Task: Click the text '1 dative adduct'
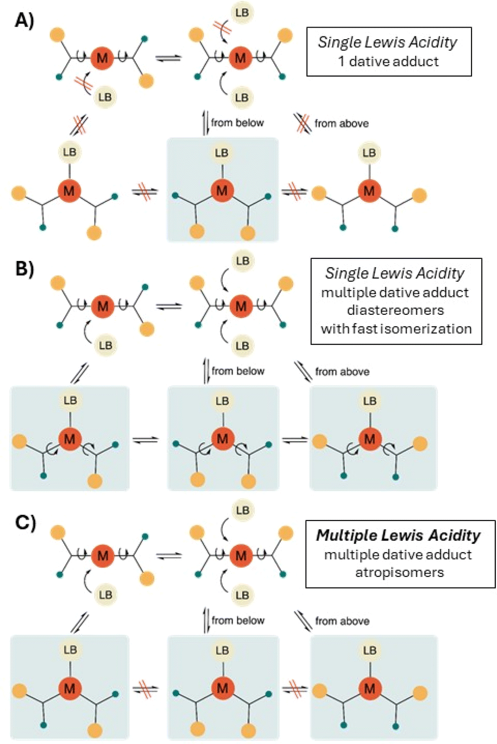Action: [x=388, y=61]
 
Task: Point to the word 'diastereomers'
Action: [x=395, y=310]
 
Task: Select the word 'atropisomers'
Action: [x=399, y=573]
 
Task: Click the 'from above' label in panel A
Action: [x=342, y=123]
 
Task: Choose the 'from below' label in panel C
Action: [x=238, y=620]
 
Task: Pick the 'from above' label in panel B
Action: [x=342, y=371]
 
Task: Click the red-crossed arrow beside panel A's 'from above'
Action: [x=302, y=123]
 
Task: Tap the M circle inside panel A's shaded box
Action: [x=222, y=190]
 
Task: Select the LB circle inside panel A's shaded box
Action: [x=222, y=153]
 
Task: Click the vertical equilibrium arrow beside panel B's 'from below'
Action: [x=206, y=371]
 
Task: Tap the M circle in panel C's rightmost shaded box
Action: [x=370, y=689]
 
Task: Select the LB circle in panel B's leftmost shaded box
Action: [x=70, y=401]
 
